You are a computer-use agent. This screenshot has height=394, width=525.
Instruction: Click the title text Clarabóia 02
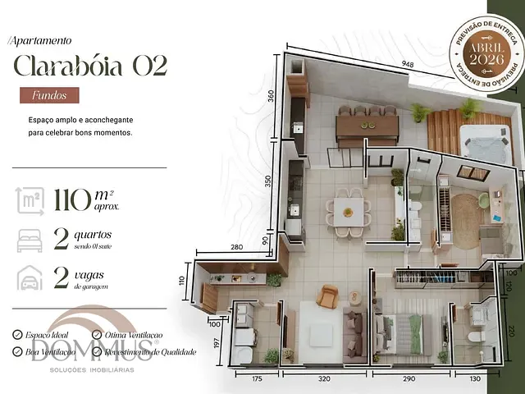89,66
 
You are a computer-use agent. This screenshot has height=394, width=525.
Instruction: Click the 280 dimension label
237,247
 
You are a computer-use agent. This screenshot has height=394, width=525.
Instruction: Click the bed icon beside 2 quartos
29,241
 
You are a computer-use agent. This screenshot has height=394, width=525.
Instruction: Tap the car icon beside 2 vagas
29,281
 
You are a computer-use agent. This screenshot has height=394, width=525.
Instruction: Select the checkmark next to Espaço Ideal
18,335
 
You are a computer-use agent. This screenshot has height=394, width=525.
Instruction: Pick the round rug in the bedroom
468,221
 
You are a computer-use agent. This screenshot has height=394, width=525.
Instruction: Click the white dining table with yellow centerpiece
348,212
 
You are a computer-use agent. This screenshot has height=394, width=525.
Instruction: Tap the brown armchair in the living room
328,296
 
